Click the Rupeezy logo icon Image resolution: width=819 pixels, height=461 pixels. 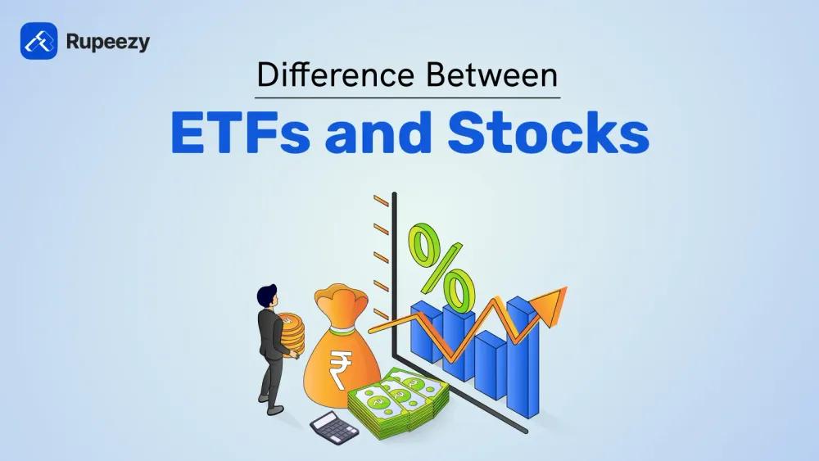click(x=38, y=41)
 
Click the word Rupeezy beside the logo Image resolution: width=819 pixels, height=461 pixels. click(x=109, y=42)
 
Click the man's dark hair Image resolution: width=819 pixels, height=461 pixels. click(x=265, y=292)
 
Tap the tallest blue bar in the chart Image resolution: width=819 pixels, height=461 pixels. click(x=521, y=352)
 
